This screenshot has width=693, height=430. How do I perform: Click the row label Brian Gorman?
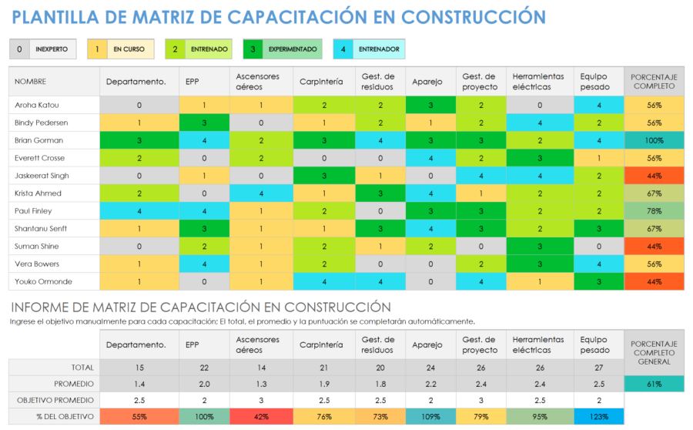tap(38, 140)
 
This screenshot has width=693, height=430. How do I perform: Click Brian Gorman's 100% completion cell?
tap(654, 140)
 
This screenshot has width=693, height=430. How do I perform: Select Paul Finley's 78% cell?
tap(654, 211)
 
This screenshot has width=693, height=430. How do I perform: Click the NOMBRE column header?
tap(31, 81)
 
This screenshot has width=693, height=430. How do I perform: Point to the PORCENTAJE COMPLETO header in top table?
tap(654, 81)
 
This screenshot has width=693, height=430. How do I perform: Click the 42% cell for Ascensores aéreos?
tap(262, 417)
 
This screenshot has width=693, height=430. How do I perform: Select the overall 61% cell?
tap(654, 384)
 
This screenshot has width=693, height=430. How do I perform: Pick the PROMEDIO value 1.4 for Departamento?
tap(139, 384)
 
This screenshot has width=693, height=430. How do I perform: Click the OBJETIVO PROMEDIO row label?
tap(54, 400)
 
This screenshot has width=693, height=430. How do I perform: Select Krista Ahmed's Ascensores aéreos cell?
tap(262, 193)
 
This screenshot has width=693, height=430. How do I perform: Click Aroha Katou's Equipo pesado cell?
tap(599, 105)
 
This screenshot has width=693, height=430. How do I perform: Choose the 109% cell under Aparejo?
tap(430, 417)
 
